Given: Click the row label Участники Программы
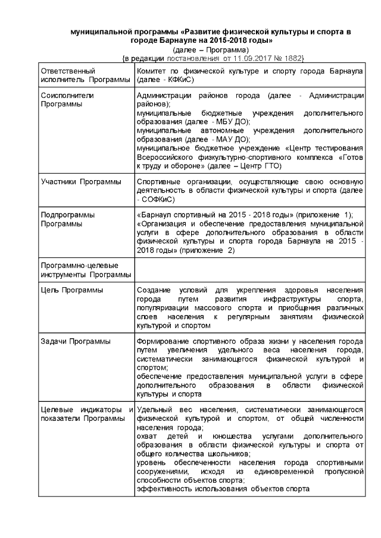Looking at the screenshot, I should coord(80,181).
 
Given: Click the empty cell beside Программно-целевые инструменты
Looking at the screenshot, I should coord(250,269).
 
